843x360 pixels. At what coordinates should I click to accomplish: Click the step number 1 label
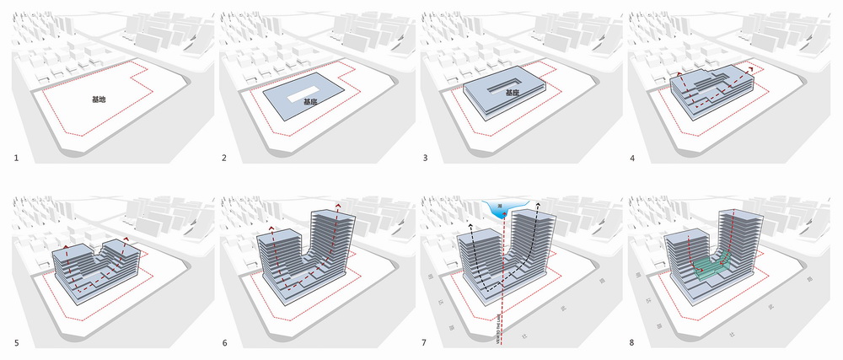click(15, 158)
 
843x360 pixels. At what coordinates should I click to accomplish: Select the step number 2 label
click(223, 158)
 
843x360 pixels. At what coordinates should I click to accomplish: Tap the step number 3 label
click(432, 158)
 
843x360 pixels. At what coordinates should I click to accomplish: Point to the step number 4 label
click(639, 158)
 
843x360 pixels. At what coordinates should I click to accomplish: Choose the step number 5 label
click(15, 342)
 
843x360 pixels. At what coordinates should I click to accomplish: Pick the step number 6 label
click(223, 342)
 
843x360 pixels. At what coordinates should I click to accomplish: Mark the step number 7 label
click(432, 342)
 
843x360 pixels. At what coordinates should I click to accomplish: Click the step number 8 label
click(639, 342)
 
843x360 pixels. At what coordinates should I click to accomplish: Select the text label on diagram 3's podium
click(513, 93)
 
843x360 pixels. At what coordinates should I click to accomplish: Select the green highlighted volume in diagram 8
click(713, 264)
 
